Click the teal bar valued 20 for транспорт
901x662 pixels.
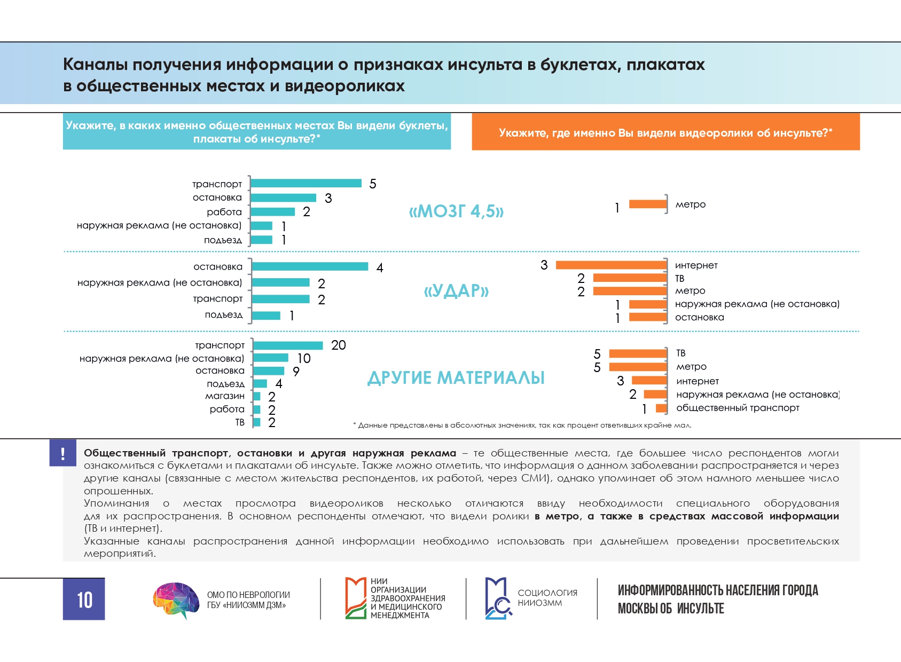tap(288, 345)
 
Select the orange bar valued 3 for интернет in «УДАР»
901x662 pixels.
tap(611, 265)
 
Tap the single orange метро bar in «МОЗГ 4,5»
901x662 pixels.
tap(647, 204)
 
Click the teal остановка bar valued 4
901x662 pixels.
tap(310, 266)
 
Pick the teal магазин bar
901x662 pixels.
tap(257, 396)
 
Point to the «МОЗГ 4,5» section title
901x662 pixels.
tap(456, 211)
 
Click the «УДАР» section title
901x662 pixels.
tap(456, 291)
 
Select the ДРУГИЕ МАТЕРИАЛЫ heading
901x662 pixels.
tap(456, 378)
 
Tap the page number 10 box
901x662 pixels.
tap(84, 599)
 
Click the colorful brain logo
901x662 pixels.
tap(176, 600)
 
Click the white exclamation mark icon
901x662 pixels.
tap(63, 453)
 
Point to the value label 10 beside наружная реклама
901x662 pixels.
tap(304, 358)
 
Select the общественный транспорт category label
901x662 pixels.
tap(738, 408)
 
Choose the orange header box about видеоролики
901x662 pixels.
tap(665, 132)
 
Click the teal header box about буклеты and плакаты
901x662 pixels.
tap(257, 131)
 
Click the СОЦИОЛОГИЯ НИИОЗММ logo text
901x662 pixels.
tap(547, 597)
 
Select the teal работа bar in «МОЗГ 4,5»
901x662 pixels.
tap(272, 212)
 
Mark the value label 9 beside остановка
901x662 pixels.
tap(296, 372)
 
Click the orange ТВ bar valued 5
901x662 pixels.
tap(638, 353)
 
